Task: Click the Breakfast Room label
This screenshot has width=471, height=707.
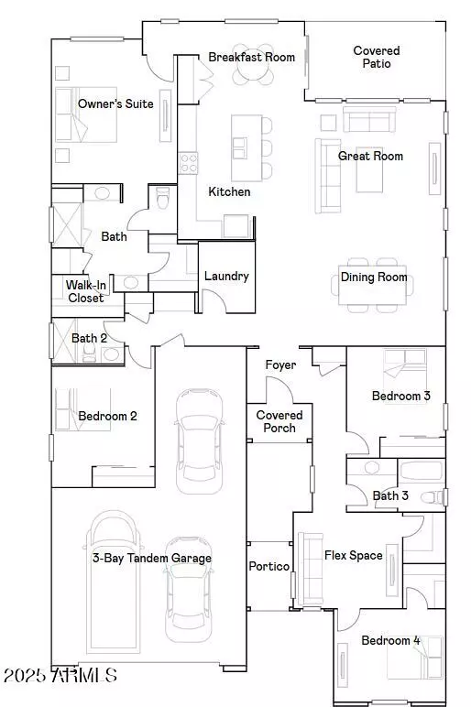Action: tap(252, 58)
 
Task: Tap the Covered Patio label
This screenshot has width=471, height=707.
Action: tap(377, 58)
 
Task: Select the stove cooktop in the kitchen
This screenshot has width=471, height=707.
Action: tap(189, 163)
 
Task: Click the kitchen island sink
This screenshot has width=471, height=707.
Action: tap(240, 148)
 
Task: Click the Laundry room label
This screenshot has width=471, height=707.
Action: tap(226, 276)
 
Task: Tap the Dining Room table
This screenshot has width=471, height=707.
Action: tap(373, 286)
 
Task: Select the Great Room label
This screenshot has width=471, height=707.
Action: tap(370, 156)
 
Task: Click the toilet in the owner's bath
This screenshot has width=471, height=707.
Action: tap(161, 198)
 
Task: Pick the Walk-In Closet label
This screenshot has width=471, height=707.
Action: tap(86, 291)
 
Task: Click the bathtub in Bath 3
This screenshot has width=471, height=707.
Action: tap(421, 472)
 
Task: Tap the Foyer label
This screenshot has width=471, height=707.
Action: tap(280, 364)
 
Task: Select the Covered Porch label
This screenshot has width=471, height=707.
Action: tap(279, 421)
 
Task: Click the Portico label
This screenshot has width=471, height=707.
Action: tap(269, 566)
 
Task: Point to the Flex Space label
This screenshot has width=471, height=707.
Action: tap(354, 556)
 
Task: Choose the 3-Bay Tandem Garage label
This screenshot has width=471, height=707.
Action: tap(152, 559)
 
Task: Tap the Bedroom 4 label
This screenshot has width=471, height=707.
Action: tap(390, 640)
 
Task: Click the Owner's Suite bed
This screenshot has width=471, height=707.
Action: tap(86, 114)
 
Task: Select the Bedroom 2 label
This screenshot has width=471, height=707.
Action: tap(107, 416)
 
